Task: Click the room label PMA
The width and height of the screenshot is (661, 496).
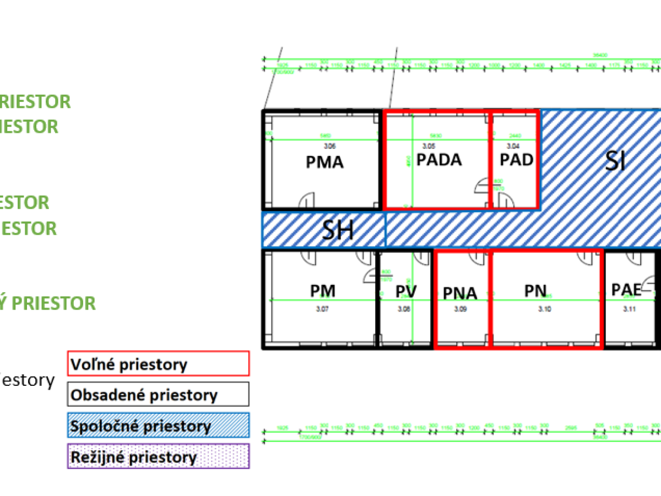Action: pos(325,163)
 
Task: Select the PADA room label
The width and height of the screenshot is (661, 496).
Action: pos(439,160)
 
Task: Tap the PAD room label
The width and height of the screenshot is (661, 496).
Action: pos(517,160)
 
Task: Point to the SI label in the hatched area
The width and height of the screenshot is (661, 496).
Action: pos(615,161)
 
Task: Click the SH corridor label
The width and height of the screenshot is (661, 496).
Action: pos(338,231)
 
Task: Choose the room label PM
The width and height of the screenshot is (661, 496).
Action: pos(323,291)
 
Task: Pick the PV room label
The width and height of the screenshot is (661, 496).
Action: pos(406,292)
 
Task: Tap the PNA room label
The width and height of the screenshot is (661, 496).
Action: pos(460,293)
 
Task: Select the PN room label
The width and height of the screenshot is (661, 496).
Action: pos(535,291)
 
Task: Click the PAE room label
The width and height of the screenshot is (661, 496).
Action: pos(626,290)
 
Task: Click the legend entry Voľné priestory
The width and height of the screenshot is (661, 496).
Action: pos(159,364)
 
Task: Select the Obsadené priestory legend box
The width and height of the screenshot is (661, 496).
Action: pos(159,395)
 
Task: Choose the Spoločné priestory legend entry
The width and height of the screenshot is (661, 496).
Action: pos(159,426)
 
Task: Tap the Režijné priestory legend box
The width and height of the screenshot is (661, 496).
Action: pos(159,457)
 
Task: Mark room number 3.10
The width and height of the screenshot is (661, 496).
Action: pos(544,310)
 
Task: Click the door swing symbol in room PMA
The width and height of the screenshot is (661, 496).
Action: pos(306,201)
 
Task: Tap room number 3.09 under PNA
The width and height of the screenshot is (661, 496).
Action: pos(460,310)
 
